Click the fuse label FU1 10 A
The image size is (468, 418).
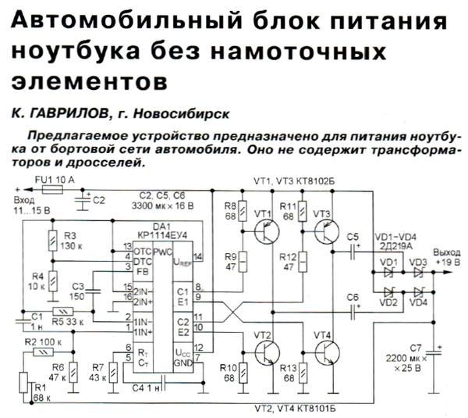click(55, 180)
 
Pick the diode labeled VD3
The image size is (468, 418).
click(418, 272)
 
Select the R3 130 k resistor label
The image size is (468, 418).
click(73, 239)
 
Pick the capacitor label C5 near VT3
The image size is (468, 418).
click(353, 236)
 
